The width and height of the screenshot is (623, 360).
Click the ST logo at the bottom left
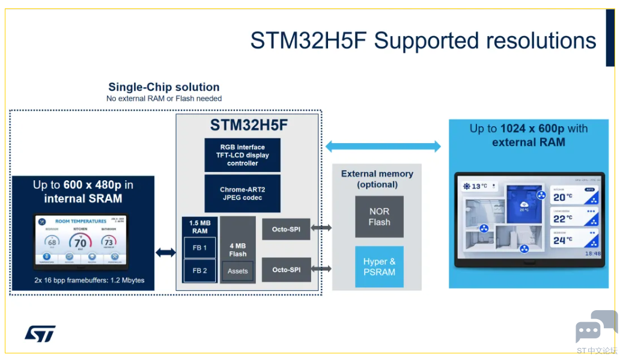[40, 333]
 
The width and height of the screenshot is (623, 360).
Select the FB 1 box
[199, 248]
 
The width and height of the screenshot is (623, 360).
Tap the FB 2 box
[199, 270]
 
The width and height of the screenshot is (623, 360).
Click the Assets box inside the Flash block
[238, 271]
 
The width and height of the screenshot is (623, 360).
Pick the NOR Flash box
[379, 216]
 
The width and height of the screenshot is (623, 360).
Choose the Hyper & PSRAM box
[379, 266]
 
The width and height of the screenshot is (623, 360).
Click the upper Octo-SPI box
[286, 229]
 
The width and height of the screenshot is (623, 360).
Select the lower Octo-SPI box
[286, 270]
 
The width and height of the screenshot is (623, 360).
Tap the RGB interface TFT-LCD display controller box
[242, 155]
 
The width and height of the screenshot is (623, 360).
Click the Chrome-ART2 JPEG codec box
[242, 194]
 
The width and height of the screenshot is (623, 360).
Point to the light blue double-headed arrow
[383, 146]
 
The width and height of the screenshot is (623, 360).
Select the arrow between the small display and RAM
[166, 252]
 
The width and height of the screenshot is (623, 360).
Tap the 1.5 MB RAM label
[199, 227]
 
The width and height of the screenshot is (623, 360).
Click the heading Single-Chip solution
[163, 87]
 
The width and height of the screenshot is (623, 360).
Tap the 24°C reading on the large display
[563, 240]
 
